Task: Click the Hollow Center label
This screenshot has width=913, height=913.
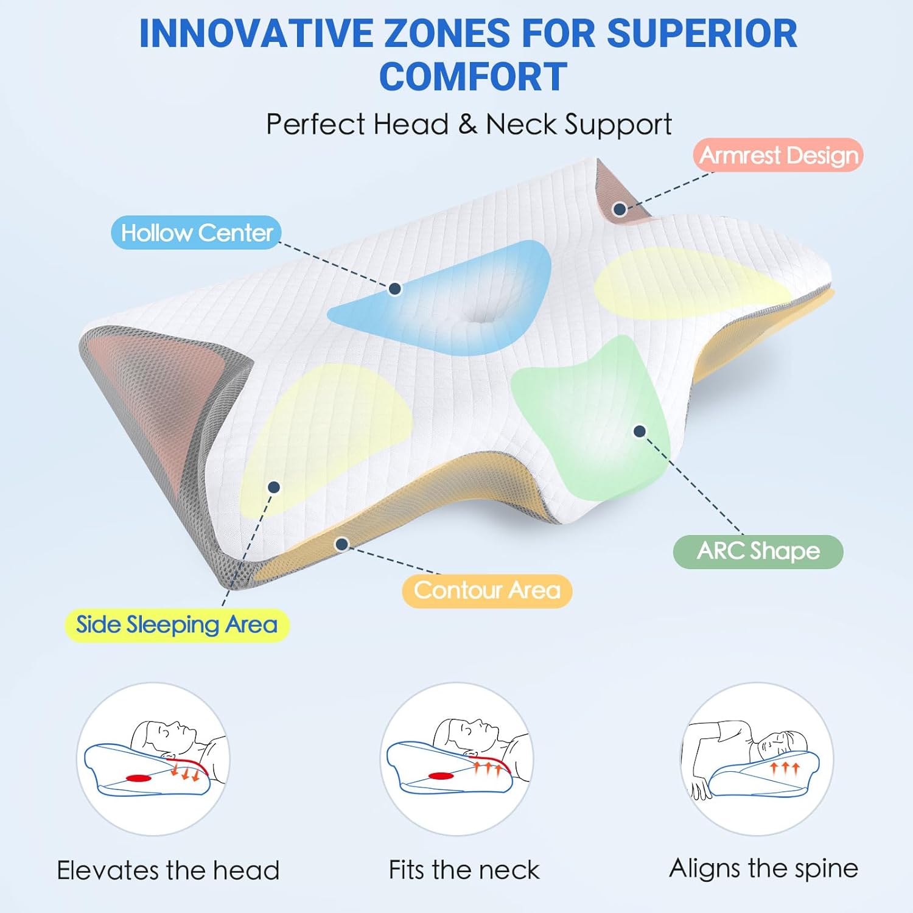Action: [x=196, y=233]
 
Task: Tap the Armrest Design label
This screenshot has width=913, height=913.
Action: [x=778, y=155]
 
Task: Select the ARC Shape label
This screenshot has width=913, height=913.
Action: [x=758, y=551]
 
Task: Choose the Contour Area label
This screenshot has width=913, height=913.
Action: [x=487, y=590]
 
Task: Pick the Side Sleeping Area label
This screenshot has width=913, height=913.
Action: [x=177, y=625]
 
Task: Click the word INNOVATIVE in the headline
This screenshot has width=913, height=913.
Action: [x=256, y=33]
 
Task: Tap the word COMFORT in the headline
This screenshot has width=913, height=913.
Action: [x=474, y=77]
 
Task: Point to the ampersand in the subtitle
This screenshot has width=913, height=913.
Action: [x=467, y=124]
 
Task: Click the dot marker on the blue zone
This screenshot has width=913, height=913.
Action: [x=394, y=289]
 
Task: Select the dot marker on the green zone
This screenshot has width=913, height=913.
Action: [x=639, y=431]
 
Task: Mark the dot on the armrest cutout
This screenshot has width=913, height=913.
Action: [x=620, y=209]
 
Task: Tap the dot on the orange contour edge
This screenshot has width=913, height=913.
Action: [x=341, y=544]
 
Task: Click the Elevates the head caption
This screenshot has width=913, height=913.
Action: [x=168, y=870]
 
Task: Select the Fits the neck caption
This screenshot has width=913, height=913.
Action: [x=464, y=870]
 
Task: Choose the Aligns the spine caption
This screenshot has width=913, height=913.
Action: [x=764, y=869]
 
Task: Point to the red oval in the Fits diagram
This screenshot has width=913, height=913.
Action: [x=441, y=775]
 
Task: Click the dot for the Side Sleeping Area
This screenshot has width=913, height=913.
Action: [x=274, y=487]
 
